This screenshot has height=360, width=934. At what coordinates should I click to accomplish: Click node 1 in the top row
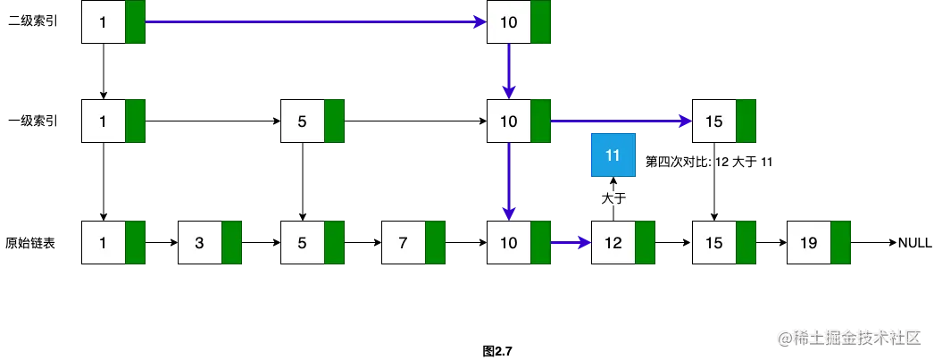point(104,22)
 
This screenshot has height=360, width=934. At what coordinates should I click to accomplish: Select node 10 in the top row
point(509,22)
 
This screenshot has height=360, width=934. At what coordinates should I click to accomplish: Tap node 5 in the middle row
point(302,121)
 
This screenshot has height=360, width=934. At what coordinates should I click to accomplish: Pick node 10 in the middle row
point(509,121)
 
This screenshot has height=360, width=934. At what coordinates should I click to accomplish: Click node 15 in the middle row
point(714,121)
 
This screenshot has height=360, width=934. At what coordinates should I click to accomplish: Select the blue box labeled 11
point(613,155)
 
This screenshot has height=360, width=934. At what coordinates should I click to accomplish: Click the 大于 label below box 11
point(613,197)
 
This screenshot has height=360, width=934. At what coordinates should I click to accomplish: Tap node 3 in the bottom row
point(200,242)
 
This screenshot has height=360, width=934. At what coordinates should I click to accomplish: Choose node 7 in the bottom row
point(403,242)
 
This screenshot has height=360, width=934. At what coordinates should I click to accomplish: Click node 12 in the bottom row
point(613,242)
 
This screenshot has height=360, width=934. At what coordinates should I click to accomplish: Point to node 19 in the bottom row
point(808,242)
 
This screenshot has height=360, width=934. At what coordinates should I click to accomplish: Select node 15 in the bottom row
point(714,242)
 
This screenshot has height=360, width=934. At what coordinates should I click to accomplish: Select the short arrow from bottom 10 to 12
point(571,242)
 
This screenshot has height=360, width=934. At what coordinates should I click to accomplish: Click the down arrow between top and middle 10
point(509,71)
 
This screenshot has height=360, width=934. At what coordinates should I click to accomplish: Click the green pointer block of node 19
point(840,242)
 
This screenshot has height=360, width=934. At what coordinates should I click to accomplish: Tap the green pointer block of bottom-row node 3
point(232,242)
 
